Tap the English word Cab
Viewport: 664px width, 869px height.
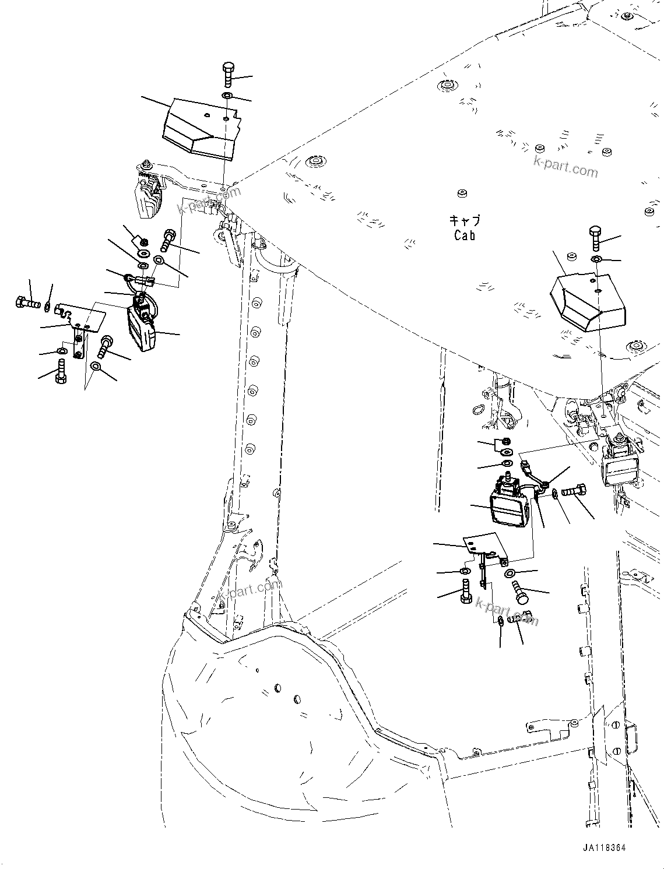click(465, 235)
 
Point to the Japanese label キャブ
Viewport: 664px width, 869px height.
click(465, 220)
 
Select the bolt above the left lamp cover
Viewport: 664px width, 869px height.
click(227, 74)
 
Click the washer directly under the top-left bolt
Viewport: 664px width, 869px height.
click(227, 96)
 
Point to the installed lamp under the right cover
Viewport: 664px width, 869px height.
click(619, 464)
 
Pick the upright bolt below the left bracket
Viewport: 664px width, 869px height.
click(61, 371)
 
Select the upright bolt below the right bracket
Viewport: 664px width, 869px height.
click(466, 591)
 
